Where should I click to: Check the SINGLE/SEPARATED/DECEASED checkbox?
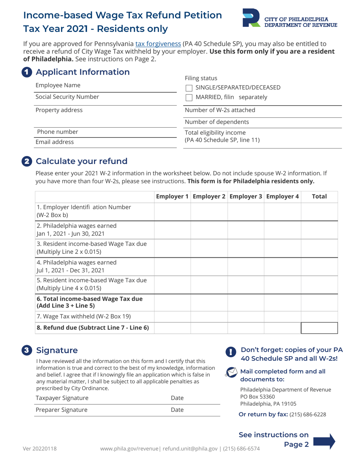coord(189,88)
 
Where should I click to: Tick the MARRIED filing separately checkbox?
coord(189,98)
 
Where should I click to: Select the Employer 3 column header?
coord(245,197)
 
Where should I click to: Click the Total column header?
coord(319,197)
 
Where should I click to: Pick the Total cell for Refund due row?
coord(319,328)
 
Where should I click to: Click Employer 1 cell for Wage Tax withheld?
coord(172,316)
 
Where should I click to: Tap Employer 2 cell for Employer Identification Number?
coord(209,211)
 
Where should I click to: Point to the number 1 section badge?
coord(27,72)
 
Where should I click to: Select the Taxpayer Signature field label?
coord(62,398)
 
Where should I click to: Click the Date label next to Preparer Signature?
coord(177,410)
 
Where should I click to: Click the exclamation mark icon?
coord(231,352)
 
